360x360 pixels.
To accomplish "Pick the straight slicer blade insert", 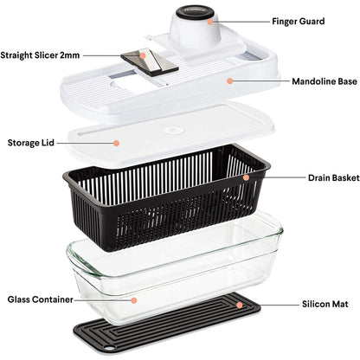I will coord(149,61).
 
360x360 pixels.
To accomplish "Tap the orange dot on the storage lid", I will coord(115,142).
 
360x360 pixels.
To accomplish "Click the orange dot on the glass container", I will coord(134,299).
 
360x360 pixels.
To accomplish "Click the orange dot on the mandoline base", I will coord(229,80).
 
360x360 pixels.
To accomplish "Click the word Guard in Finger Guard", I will coord(315,20).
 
